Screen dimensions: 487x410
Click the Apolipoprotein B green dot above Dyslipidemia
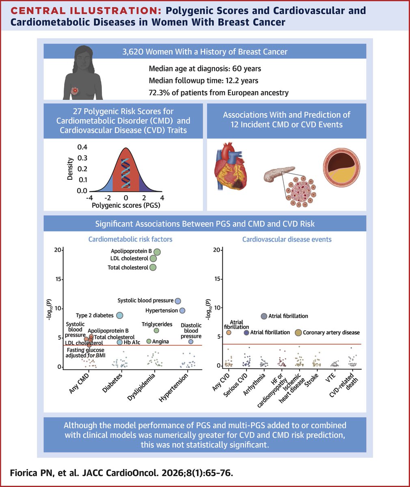click(157, 252)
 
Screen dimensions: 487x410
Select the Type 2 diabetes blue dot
click(120, 315)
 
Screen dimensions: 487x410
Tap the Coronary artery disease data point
click(298, 333)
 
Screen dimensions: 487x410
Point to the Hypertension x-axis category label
click(175, 387)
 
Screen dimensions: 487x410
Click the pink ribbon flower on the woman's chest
click(75, 89)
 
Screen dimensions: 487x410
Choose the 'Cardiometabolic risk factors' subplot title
click(130, 239)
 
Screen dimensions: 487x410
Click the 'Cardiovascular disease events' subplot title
click(287, 239)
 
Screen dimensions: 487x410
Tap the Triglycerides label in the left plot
click(157, 324)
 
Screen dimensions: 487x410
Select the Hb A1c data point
click(120, 342)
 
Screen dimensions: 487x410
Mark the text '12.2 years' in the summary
click(242, 80)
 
